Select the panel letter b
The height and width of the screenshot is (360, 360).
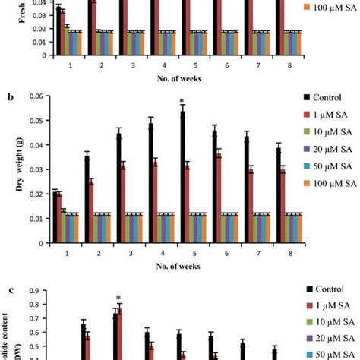coord(10,98)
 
